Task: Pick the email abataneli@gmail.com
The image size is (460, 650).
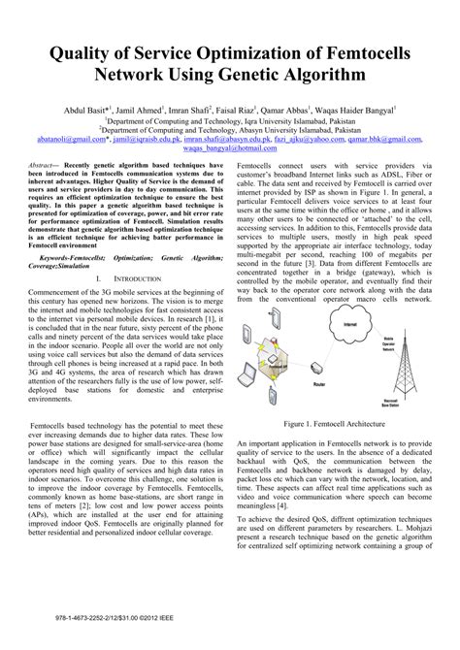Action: (x=71, y=139)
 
